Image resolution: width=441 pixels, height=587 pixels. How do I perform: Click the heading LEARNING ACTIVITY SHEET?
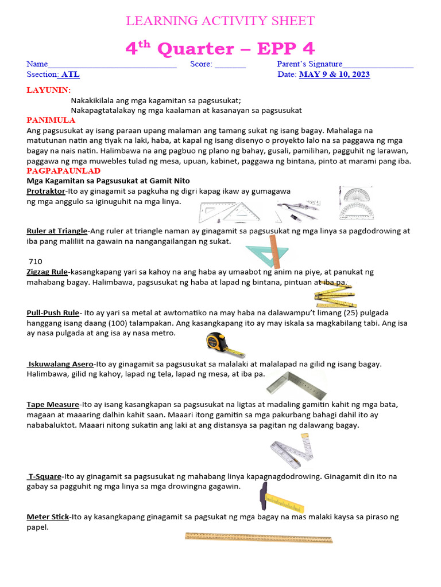pos(220,21)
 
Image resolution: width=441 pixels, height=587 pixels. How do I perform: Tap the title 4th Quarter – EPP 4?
pos(220,49)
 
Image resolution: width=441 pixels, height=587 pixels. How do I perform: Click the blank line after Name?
pos(113,65)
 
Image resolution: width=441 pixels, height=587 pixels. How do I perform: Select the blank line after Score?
pos(230,65)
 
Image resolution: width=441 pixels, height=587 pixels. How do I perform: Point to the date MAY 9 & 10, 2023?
pos(334,75)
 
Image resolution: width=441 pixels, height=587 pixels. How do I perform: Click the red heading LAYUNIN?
pos(49,91)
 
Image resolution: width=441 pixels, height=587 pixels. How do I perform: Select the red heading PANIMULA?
pos(51,120)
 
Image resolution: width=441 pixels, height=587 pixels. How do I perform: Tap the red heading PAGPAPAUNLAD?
pos(64,171)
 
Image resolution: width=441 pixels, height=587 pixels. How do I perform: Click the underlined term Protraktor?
pos(46,191)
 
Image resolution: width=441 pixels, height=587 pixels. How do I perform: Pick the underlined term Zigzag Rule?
pos(47,272)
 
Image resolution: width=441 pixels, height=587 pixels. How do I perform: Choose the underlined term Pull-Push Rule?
pos(53,312)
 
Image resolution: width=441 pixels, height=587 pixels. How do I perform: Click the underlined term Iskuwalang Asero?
pos(61,363)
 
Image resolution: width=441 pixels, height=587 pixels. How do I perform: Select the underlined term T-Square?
pos(45,476)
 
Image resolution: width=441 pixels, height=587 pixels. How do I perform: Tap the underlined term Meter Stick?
pos(48,516)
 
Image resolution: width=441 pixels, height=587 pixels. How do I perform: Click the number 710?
pos(35,261)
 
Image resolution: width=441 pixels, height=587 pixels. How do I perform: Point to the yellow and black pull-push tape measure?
pos(223,344)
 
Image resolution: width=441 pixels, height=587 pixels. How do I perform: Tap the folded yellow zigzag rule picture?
pos(334,294)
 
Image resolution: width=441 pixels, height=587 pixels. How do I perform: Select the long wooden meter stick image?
pos(258,538)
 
